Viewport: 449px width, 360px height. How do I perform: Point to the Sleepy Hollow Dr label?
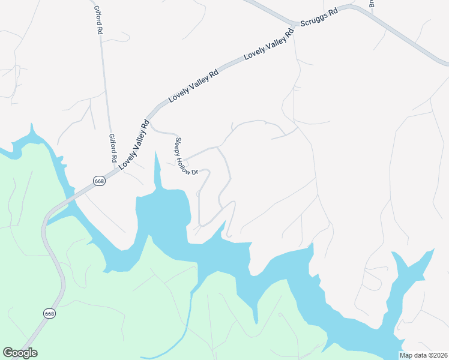point(186,157)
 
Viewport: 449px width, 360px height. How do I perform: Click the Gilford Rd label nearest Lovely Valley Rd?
point(112,148)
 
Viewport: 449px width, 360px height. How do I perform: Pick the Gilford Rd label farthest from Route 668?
point(98,20)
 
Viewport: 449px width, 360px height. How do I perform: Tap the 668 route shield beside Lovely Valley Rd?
point(100,181)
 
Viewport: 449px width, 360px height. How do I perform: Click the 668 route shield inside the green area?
point(49,313)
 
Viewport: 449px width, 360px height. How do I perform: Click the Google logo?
point(20,353)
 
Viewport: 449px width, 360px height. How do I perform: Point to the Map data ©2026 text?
point(423,355)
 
